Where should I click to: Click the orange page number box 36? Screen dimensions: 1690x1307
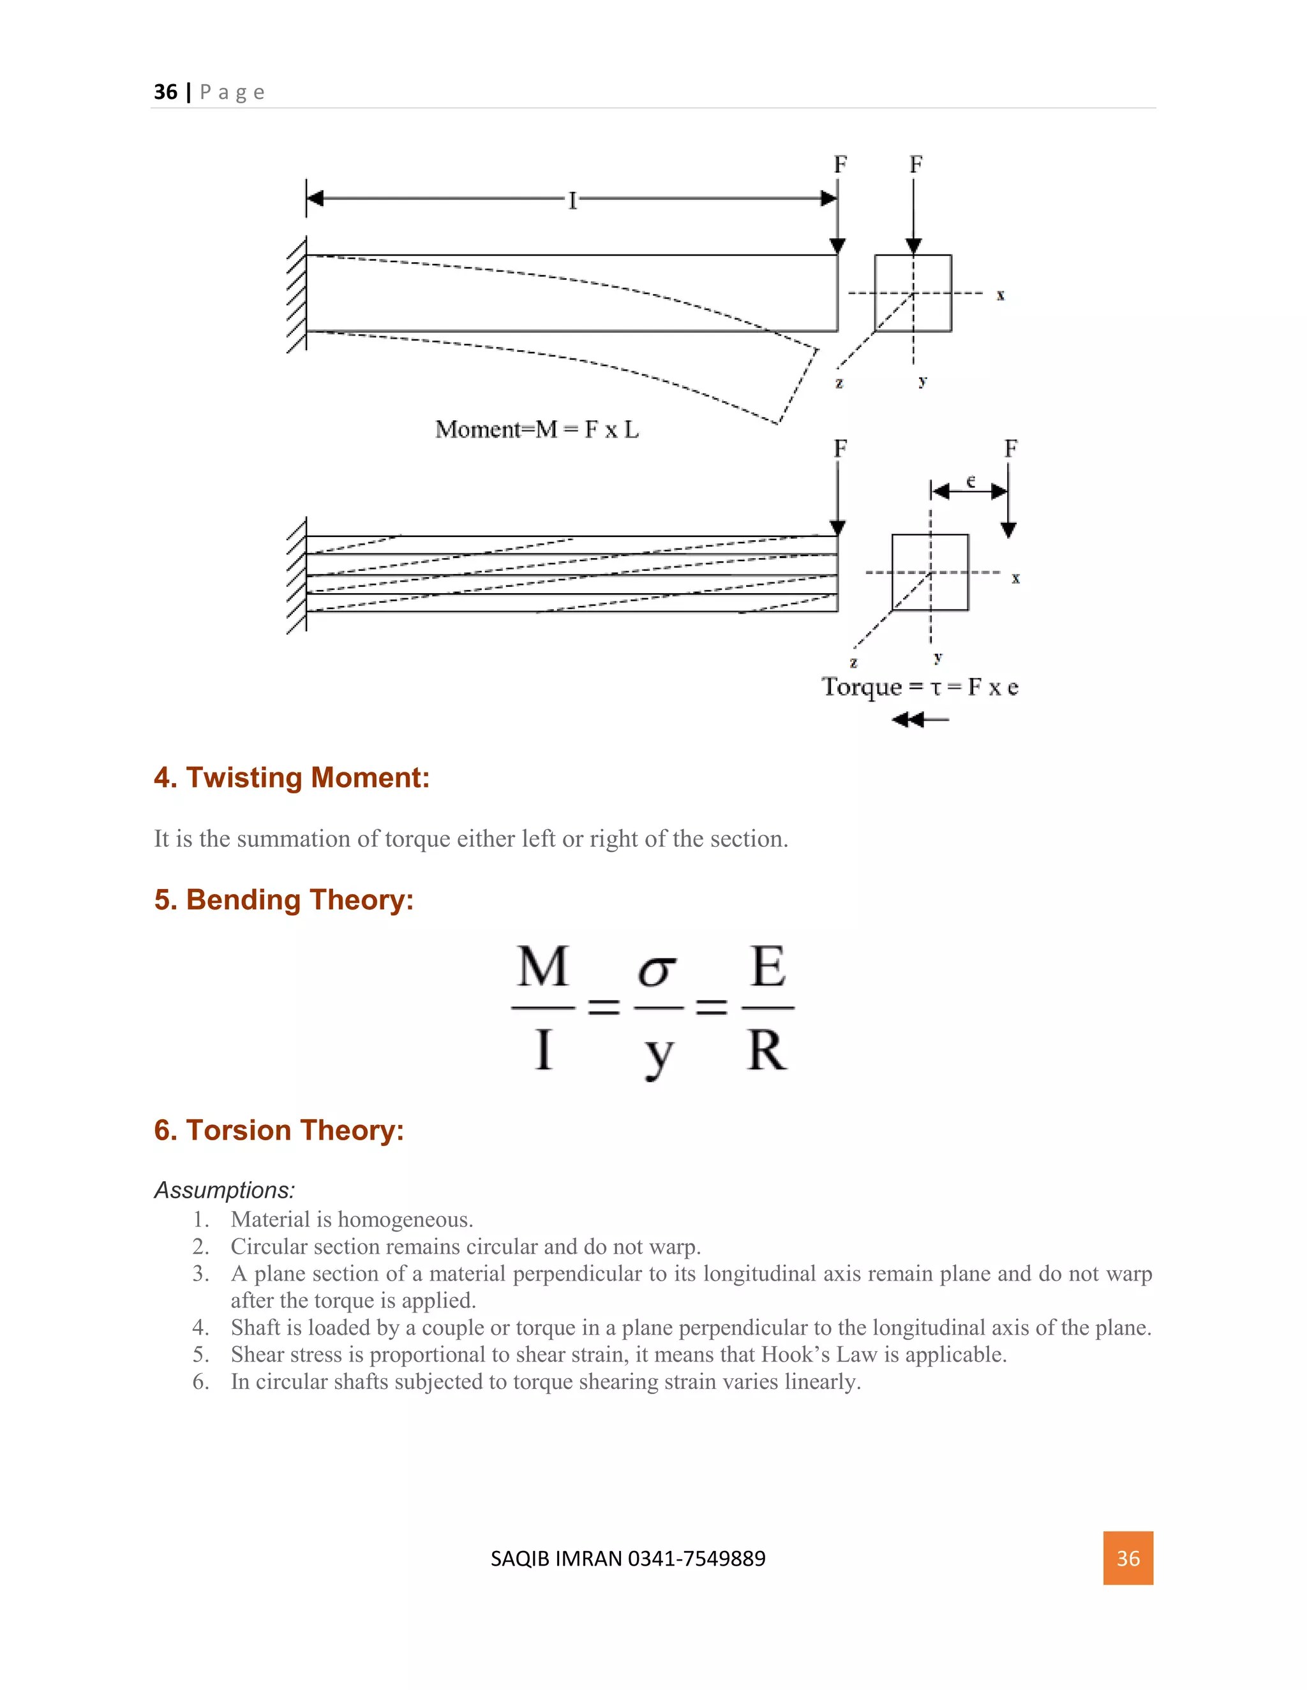tap(1128, 1558)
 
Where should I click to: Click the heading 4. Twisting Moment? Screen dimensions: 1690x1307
tap(291, 777)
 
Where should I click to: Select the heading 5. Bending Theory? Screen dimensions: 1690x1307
tap(283, 899)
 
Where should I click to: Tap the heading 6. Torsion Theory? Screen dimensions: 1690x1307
tap(279, 1130)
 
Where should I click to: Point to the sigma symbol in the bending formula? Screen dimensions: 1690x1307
tap(657, 971)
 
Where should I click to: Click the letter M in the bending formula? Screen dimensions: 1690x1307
tap(543, 967)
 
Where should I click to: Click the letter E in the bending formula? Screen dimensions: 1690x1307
tap(768, 967)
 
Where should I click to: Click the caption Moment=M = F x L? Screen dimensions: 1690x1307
tap(537, 429)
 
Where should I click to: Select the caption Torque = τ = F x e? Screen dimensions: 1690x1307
tap(919, 686)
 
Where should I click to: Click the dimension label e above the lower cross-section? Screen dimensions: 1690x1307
tap(970, 481)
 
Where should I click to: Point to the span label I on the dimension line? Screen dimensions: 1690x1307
tap(572, 200)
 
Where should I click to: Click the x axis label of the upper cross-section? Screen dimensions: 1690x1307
tap(1001, 295)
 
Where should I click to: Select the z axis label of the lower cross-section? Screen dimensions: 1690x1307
tap(853, 663)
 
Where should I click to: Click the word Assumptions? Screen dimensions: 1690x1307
tap(225, 1189)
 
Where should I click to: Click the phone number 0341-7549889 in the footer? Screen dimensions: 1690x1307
tap(696, 1559)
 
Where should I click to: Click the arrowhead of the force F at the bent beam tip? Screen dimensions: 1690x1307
tap(837, 247)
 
